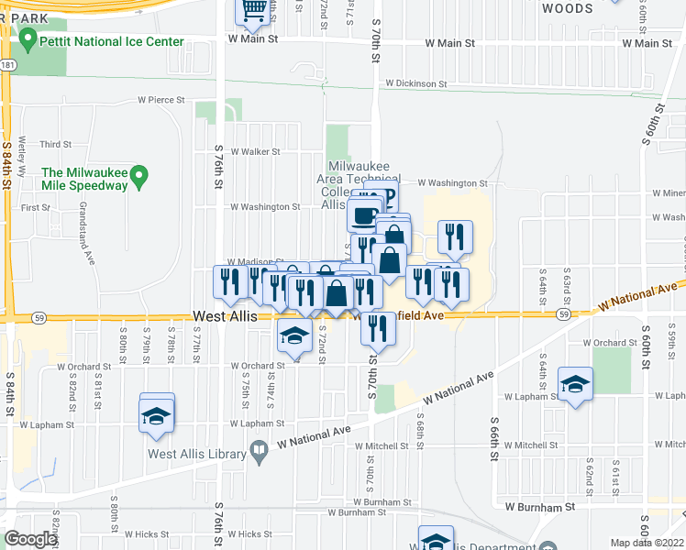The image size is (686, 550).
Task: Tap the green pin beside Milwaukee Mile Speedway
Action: (x=139, y=174)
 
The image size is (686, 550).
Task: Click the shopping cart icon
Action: (x=254, y=11)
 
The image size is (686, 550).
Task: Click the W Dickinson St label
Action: (x=415, y=83)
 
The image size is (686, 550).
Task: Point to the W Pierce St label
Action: (x=161, y=99)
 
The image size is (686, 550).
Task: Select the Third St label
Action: (x=55, y=144)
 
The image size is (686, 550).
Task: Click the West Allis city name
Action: (x=222, y=316)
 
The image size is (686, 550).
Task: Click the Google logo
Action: (x=30, y=539)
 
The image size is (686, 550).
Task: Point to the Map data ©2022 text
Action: (x=647, y=543)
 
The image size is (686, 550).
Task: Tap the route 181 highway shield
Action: (x=6, y=65)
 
